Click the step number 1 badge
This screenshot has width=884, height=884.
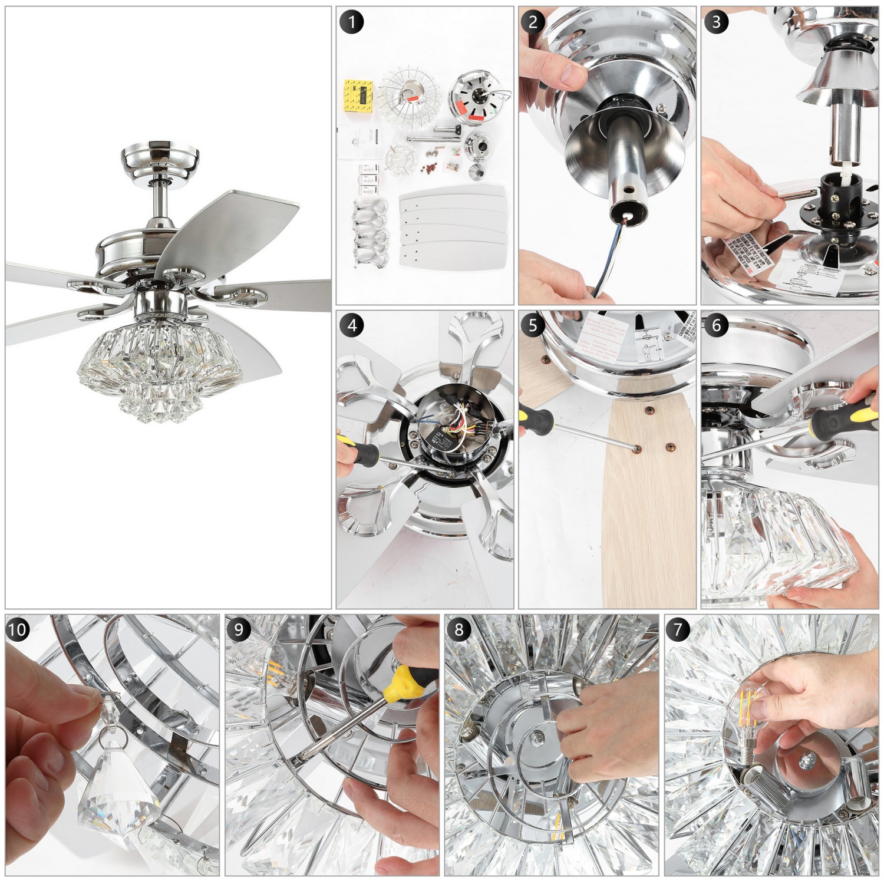point(352,22)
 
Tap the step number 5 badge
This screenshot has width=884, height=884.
point(533,325)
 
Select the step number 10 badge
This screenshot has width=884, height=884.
point(18,629)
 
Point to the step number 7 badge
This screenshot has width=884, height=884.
point(678,629)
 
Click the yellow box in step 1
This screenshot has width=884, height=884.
point(359,96)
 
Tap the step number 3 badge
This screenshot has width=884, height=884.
point(716,22)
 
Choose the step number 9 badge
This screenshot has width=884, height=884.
point(238,629)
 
